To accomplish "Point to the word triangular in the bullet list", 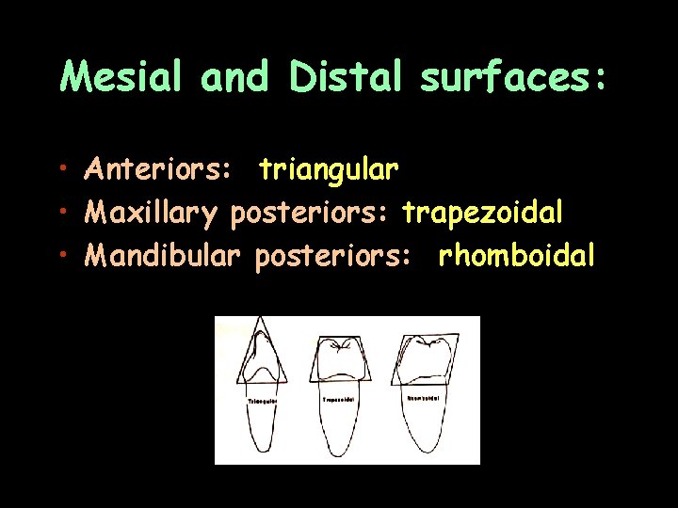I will pos(329,170).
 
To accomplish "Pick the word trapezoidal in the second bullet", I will pos(483,213).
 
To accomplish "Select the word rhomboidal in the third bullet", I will pos(517,255).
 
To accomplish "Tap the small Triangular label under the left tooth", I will pos(261,400).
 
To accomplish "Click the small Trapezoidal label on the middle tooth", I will pos(336,400).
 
